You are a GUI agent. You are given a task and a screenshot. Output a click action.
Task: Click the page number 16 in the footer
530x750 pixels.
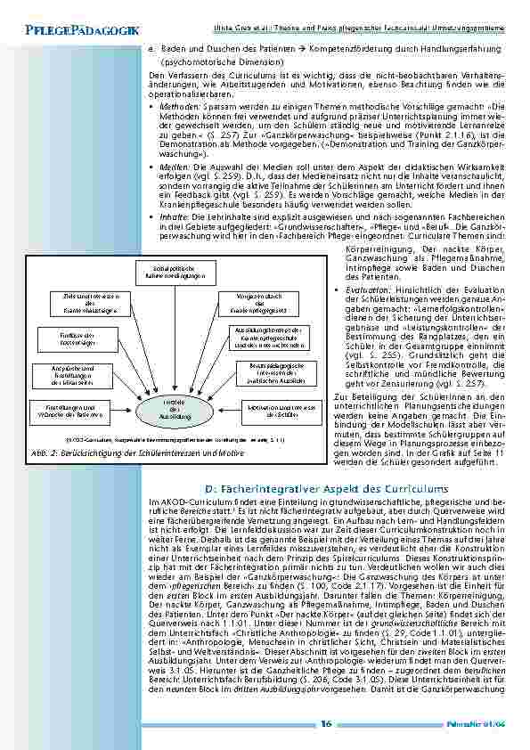327,723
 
